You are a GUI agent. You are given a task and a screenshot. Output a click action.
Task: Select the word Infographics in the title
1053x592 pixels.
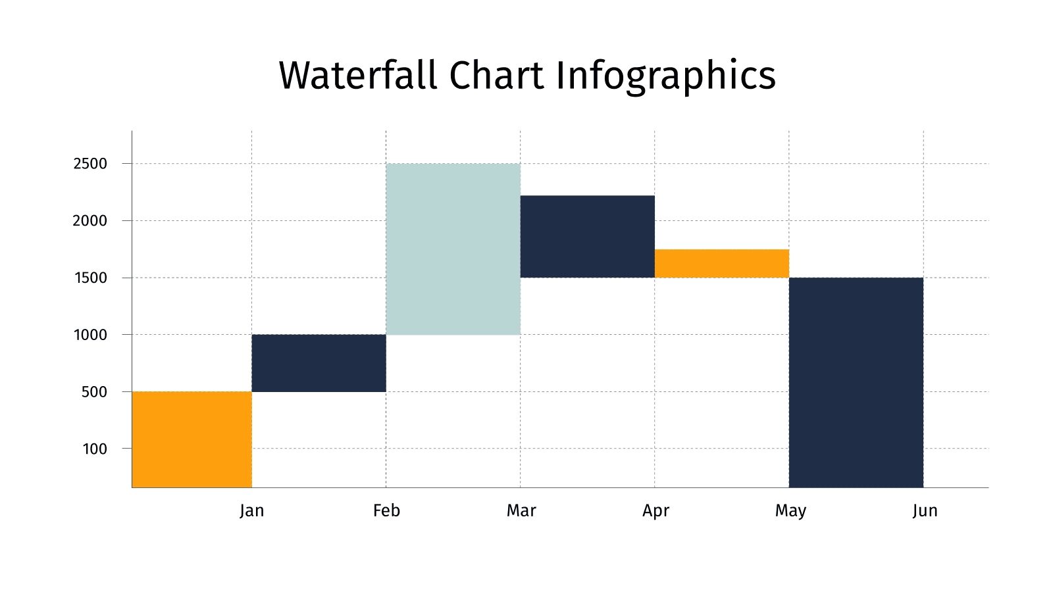[665, 76]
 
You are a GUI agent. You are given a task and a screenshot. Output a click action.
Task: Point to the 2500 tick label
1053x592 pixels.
[90, 164]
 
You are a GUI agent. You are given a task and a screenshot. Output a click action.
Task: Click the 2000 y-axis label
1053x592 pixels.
[90, 221]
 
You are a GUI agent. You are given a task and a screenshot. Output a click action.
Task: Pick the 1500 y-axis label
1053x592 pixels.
[90, 278]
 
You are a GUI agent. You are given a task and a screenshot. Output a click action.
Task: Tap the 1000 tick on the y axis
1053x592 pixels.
[90, 335]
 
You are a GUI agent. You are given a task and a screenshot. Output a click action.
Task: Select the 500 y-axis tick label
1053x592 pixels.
[93, 392]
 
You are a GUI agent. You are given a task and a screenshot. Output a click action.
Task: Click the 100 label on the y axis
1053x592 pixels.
[94, 449]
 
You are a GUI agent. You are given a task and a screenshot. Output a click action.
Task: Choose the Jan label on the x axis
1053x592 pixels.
[251, 510]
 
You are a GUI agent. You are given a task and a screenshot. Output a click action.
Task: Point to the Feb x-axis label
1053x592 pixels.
[386, 510]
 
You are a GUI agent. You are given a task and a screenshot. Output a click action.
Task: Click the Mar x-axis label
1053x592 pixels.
[521, 510]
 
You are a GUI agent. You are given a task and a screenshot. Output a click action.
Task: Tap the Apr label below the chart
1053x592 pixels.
[655, 510]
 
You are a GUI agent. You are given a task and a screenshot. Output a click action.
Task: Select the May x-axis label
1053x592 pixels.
[790, 510]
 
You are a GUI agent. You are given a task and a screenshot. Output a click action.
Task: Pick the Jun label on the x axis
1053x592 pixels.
[925, 510]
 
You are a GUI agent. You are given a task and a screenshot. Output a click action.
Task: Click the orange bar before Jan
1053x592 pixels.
[192, 439]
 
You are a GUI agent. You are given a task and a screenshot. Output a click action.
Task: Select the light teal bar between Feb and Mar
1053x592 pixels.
[453, 249]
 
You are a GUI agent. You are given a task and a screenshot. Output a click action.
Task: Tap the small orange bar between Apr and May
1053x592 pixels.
[721, 264]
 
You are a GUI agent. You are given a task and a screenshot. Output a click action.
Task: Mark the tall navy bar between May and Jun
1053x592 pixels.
[856, 382]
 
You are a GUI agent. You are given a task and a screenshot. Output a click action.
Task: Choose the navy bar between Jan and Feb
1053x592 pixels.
[319, 363]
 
